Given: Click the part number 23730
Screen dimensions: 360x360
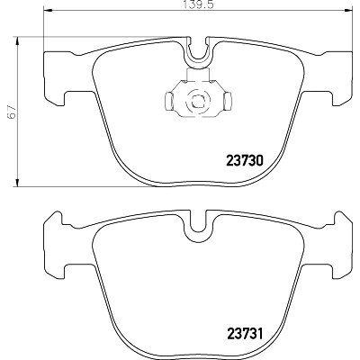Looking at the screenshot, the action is point(244,161).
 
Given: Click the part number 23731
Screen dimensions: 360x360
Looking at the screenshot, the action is point(244,334).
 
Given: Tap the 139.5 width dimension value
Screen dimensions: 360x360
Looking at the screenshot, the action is point(198,5).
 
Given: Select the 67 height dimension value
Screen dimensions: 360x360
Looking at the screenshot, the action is point(11,112).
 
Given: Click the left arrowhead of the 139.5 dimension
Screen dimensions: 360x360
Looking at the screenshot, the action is point(49,12).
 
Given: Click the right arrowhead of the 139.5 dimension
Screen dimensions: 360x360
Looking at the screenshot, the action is point(346,12).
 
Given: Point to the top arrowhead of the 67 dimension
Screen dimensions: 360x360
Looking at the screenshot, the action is point(18,41).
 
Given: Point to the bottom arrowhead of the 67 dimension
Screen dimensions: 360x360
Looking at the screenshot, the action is point(18,182).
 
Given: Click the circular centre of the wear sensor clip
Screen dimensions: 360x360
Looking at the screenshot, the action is point(198,102).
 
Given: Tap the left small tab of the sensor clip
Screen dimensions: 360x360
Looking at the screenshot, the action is point(169,100).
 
